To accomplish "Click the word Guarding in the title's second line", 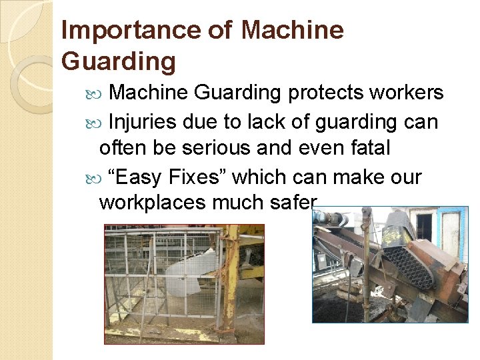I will pos(118,61).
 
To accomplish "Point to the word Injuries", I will pos(142,122).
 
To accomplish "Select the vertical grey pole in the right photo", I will pos(365,260).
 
